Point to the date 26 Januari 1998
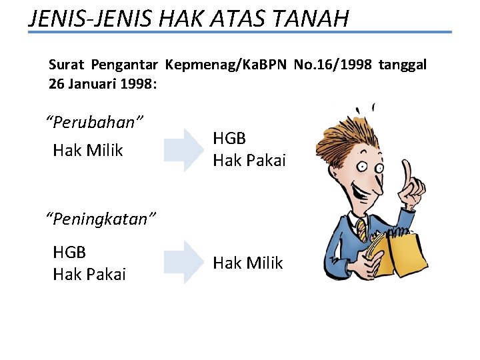point(101,85)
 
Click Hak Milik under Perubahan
point(88,151)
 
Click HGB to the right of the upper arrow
point(229,139)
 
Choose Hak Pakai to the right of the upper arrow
point(249,160)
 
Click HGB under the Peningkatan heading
point(69,253)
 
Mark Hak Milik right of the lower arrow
point(248,263)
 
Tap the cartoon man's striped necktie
point(361,230)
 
